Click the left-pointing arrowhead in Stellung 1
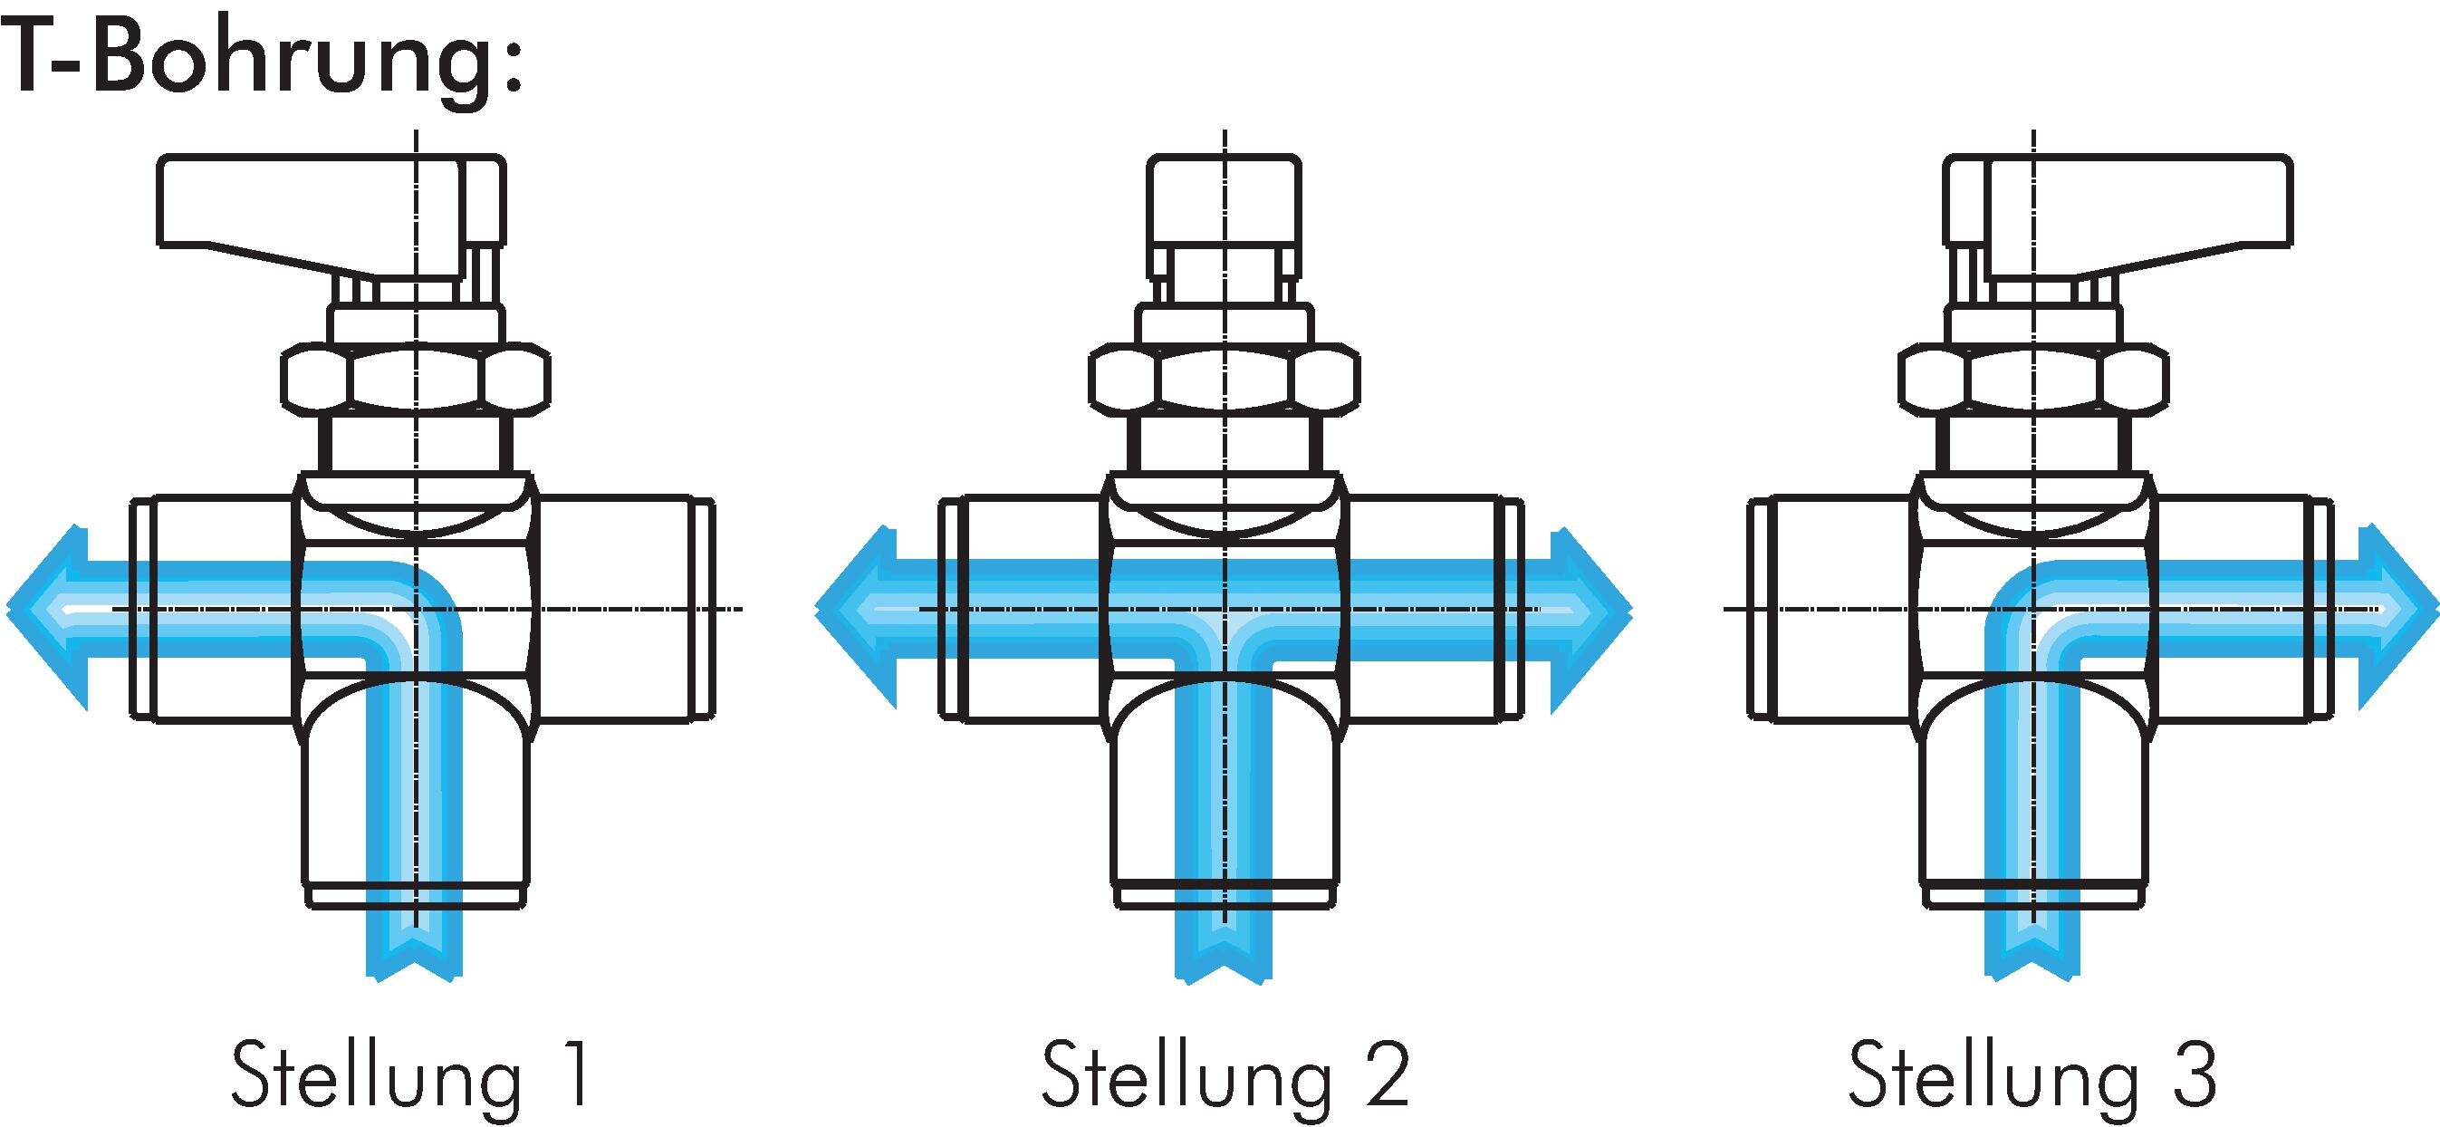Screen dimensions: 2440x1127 tap(47, 618)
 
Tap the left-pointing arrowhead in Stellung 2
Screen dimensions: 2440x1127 tap(856, 618)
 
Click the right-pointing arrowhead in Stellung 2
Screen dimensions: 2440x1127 tap(1591, 618)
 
